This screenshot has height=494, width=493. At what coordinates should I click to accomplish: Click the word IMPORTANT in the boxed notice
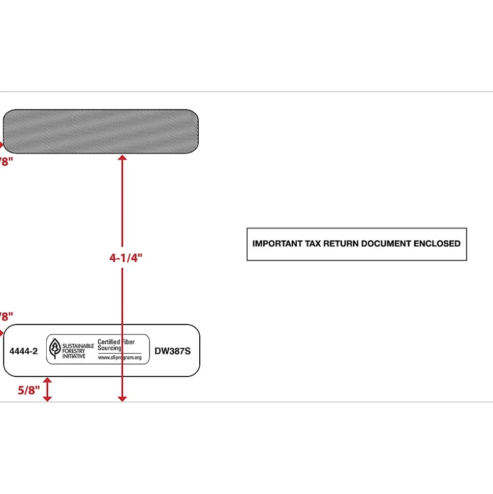click(278, 244)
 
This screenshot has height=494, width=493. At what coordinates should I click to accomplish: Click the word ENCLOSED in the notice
click(437, 244)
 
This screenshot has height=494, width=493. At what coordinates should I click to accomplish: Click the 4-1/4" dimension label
click(126, 257)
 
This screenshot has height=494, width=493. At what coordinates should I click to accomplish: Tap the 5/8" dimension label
click(29, 391)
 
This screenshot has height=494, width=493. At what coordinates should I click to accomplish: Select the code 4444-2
click(23, 351)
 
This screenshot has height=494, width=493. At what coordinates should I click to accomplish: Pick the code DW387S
click(173, 351)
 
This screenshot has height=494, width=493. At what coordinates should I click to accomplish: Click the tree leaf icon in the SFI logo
click(54, 348)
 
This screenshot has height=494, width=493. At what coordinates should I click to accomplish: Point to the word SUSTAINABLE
click(78, 345)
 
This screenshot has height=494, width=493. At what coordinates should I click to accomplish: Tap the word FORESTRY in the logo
click(75, 351)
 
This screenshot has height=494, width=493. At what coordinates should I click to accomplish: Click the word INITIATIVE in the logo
click(74, 356)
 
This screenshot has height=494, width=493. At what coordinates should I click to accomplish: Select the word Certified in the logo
click(109, 342)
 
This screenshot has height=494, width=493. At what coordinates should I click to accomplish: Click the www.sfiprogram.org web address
click(119, 357)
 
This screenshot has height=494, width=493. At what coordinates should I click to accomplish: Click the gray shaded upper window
click(101, 131)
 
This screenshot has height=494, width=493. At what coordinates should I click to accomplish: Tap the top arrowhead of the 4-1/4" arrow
click(122, 159)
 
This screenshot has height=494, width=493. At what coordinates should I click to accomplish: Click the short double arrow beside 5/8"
click(47, 390)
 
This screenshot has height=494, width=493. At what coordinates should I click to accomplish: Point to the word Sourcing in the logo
click(109, 348)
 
